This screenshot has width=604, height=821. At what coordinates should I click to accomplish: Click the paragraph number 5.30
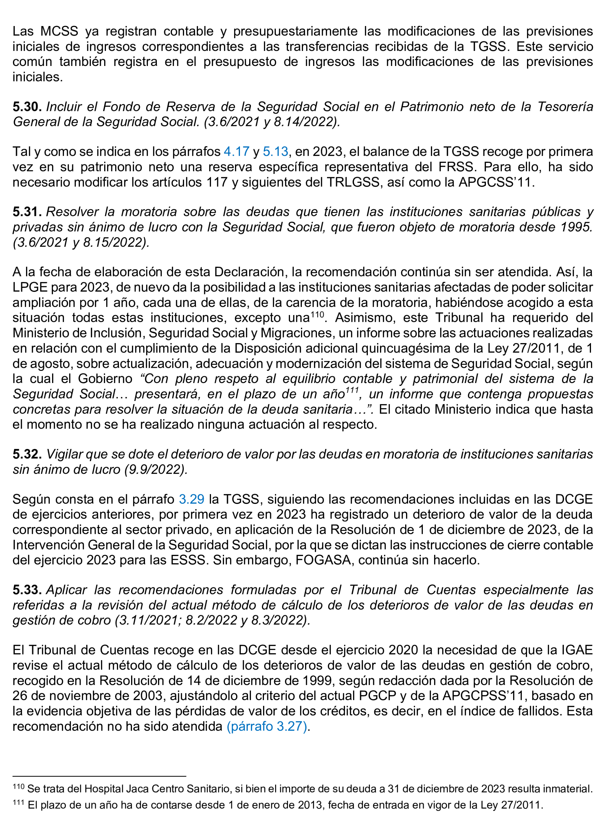(27, 107)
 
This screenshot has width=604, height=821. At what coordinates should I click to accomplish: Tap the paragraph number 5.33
(27, 590)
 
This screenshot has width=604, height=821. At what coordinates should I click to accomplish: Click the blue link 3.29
(191, 499)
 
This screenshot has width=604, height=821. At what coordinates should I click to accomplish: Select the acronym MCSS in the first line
(59, 31)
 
